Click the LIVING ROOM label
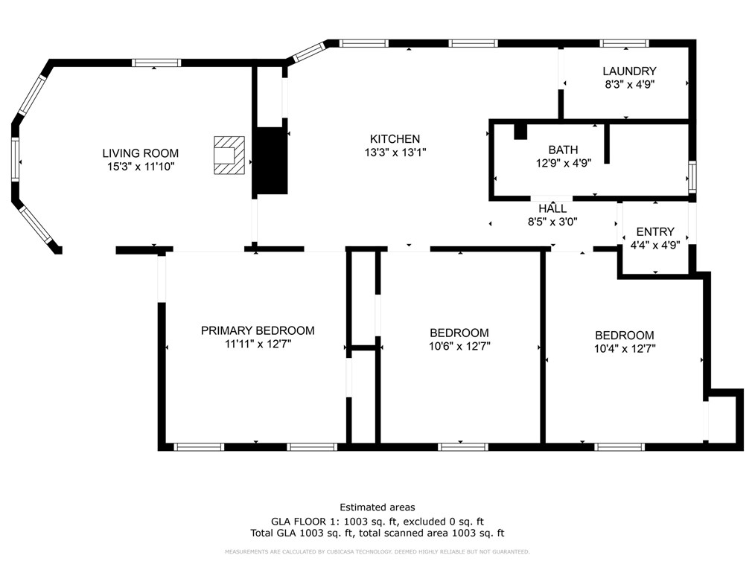coord(140,153)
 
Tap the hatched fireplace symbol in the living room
coord(229,155)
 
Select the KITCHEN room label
coord(395,138)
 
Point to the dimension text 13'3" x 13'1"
coord(395,152)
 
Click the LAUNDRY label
coord(629,71)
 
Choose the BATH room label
coord(563,150)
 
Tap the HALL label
coord(552,208)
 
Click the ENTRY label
coord(655,231)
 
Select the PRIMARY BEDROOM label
coord(258,330)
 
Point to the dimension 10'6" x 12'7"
coord(459,345)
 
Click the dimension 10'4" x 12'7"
coord(625,347)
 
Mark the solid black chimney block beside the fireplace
coord(271,161)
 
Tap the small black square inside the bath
coord(520,130)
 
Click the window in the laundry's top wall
coord(624,43)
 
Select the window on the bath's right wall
coord(692,176)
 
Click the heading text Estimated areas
coord(377,507)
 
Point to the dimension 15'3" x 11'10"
coord(140,167)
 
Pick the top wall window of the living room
coord(156,63)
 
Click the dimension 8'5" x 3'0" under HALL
coord(552,221)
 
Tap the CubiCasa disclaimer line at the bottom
coord(377,551)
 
